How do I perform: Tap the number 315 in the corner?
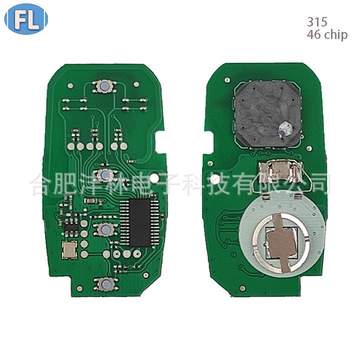(317, 22)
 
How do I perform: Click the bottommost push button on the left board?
(106, 284)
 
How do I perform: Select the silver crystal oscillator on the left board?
(67, 249)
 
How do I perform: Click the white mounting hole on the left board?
(156, 177)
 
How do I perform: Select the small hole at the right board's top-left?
(227, 79)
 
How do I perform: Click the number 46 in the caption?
(313, 35)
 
